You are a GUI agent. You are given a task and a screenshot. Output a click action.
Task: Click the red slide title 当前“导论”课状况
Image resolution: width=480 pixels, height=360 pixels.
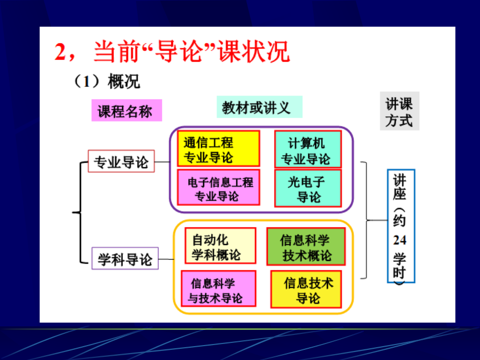click(192, 51)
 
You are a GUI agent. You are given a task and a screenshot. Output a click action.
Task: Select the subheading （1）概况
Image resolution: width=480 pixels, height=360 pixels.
click(107, 82)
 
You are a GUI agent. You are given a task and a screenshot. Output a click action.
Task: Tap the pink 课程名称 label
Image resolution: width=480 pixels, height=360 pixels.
click(127, 110)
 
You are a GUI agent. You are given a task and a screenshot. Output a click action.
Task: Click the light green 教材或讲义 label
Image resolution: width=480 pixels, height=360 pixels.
click(260, 107)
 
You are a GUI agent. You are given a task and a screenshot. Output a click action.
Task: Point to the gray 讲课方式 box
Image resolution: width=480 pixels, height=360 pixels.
click(399, 111)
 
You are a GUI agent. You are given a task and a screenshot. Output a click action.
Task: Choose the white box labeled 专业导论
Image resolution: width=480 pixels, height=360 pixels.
click(121, 161)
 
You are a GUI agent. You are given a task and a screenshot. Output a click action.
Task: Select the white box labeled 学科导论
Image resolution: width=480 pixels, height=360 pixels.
click(125, 258)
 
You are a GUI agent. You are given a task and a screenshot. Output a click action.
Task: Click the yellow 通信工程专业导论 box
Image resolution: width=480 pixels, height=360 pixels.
click(219, 148)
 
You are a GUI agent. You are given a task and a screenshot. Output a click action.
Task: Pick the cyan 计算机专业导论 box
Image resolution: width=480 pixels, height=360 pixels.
click(308, 149)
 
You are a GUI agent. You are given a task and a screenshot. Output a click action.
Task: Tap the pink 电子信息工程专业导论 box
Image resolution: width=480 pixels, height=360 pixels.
click(219, 187)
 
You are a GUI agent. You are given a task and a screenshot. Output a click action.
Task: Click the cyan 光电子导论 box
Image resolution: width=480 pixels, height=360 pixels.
click(308, 188)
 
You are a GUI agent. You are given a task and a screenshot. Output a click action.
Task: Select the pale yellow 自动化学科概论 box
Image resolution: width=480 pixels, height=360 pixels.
click(220, 245)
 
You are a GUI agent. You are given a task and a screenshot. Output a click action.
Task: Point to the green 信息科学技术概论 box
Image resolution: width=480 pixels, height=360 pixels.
click(306, 246)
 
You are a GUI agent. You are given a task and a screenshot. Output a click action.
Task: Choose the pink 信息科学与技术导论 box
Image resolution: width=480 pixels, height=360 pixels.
click(218, 289)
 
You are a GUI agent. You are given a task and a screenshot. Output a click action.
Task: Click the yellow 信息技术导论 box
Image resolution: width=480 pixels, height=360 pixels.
click(306, 289)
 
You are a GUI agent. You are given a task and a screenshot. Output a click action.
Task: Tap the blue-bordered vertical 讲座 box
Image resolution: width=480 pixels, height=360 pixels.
click(401, 226)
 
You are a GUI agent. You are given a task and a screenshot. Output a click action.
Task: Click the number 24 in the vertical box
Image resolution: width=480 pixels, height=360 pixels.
click(400, 240)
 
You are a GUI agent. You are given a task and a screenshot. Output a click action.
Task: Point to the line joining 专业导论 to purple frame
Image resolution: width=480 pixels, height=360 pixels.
click(162, 162)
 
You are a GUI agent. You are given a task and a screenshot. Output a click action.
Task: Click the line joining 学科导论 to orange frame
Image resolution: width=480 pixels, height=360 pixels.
click(166, 259)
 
